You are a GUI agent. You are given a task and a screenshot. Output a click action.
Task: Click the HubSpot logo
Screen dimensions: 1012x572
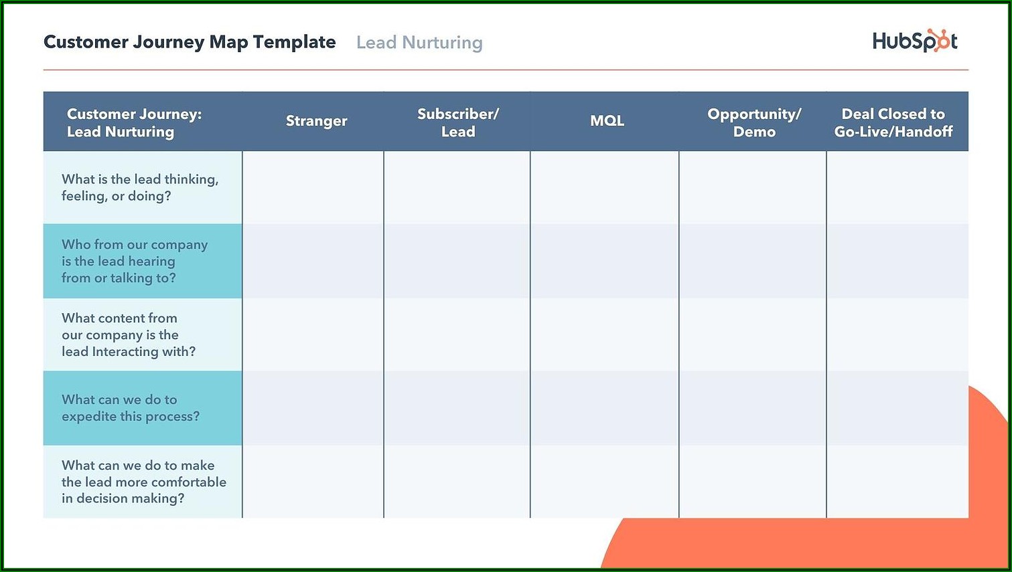915,41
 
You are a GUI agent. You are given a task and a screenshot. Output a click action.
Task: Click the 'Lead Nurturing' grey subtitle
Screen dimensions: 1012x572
419,42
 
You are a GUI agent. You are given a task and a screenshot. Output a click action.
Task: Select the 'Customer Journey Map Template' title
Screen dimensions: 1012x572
190,42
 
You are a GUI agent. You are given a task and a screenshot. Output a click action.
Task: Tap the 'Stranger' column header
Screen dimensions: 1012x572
316,121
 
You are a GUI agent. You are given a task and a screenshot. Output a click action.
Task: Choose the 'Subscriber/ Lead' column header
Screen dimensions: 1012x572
458,122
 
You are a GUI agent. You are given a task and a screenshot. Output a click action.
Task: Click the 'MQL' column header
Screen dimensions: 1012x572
607,120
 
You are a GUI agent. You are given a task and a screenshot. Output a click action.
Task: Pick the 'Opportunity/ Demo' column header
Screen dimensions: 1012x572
754,122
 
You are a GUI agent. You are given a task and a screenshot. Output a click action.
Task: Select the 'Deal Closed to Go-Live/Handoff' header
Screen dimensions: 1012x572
893,122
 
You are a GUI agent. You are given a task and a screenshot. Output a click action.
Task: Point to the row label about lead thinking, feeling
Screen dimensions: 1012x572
140,188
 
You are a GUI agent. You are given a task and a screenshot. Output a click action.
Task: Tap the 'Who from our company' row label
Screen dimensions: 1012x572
135,261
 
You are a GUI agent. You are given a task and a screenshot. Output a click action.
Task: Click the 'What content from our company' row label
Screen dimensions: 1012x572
129,335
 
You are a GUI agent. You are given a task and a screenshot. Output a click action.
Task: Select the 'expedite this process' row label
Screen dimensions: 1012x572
131,408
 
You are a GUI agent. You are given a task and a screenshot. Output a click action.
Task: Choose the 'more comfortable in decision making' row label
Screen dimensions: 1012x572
144,482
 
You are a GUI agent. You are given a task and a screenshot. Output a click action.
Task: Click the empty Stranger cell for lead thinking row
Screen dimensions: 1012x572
313,187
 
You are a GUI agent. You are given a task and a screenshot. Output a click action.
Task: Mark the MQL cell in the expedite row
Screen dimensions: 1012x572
605,408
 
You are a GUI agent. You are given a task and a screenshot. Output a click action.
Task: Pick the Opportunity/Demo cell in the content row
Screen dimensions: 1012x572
753,335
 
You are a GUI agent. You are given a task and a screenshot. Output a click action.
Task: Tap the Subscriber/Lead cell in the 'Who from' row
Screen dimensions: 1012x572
457,261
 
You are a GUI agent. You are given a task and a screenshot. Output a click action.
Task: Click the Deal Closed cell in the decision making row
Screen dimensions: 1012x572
897,482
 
